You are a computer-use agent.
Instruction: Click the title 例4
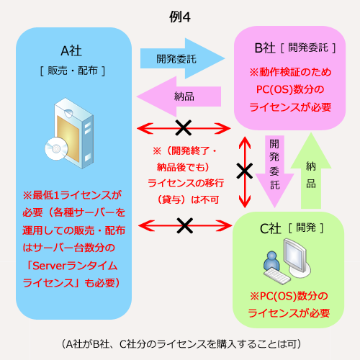(180, 17)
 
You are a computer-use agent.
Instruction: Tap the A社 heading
(71, 50)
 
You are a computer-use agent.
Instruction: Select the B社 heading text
(265, 48)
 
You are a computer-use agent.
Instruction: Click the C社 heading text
(271, 228)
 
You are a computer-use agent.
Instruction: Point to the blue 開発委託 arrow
(182, 58)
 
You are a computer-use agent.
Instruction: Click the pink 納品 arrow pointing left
(179, 96)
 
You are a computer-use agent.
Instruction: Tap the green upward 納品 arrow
(311, 171)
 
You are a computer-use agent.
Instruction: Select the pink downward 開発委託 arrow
(274, 171)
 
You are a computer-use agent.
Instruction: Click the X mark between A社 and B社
(184, 127)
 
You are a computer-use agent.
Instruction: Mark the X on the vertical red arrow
(245, 171)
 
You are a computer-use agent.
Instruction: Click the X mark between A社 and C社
(184, 225)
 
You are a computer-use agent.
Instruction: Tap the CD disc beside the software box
(56, 149)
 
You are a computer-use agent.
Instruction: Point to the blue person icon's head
(271, 256)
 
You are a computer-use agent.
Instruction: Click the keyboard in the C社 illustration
(276, 276)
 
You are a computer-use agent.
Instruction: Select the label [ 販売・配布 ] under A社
(73, 71)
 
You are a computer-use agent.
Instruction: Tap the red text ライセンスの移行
(186, 183)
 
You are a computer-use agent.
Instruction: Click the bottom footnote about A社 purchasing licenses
(181, 344)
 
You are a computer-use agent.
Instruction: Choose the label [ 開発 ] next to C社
(306, 228)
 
